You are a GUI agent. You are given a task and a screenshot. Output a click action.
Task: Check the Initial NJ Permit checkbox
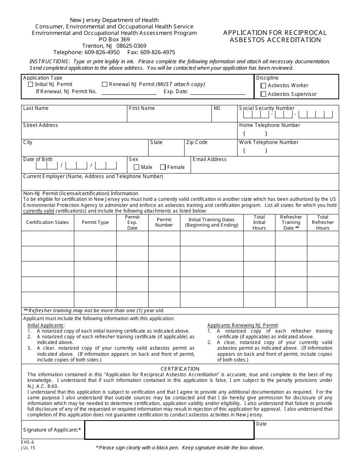point(31,84)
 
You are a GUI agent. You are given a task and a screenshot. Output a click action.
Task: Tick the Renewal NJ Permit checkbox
point(105,84)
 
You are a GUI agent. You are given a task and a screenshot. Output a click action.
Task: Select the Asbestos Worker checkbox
point(264,86)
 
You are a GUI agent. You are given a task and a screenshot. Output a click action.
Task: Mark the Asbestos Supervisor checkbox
point(264,94)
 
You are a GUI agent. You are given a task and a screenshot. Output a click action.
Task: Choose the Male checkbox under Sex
point(136,167)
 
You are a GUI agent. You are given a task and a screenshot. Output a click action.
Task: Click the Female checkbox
point(163,167)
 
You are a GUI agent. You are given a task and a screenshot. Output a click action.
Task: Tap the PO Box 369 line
point(114,39)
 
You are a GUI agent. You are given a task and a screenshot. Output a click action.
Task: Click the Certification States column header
point(47,222)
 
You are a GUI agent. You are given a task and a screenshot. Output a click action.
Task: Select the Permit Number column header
point(164,222)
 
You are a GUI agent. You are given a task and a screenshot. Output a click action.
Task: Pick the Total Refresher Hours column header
point(322,222)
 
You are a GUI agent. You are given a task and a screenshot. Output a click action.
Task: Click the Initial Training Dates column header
point(211,222)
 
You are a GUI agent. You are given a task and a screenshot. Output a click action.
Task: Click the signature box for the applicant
point(169,430)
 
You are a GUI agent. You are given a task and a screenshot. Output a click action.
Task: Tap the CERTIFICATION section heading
point(180,369)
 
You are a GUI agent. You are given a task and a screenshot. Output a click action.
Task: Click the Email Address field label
point(210,160)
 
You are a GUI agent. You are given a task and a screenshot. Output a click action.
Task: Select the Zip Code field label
point(197,142)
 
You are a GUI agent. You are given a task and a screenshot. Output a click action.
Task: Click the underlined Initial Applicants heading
point(46,325)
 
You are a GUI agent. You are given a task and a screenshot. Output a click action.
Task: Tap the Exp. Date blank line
point(218,92)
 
